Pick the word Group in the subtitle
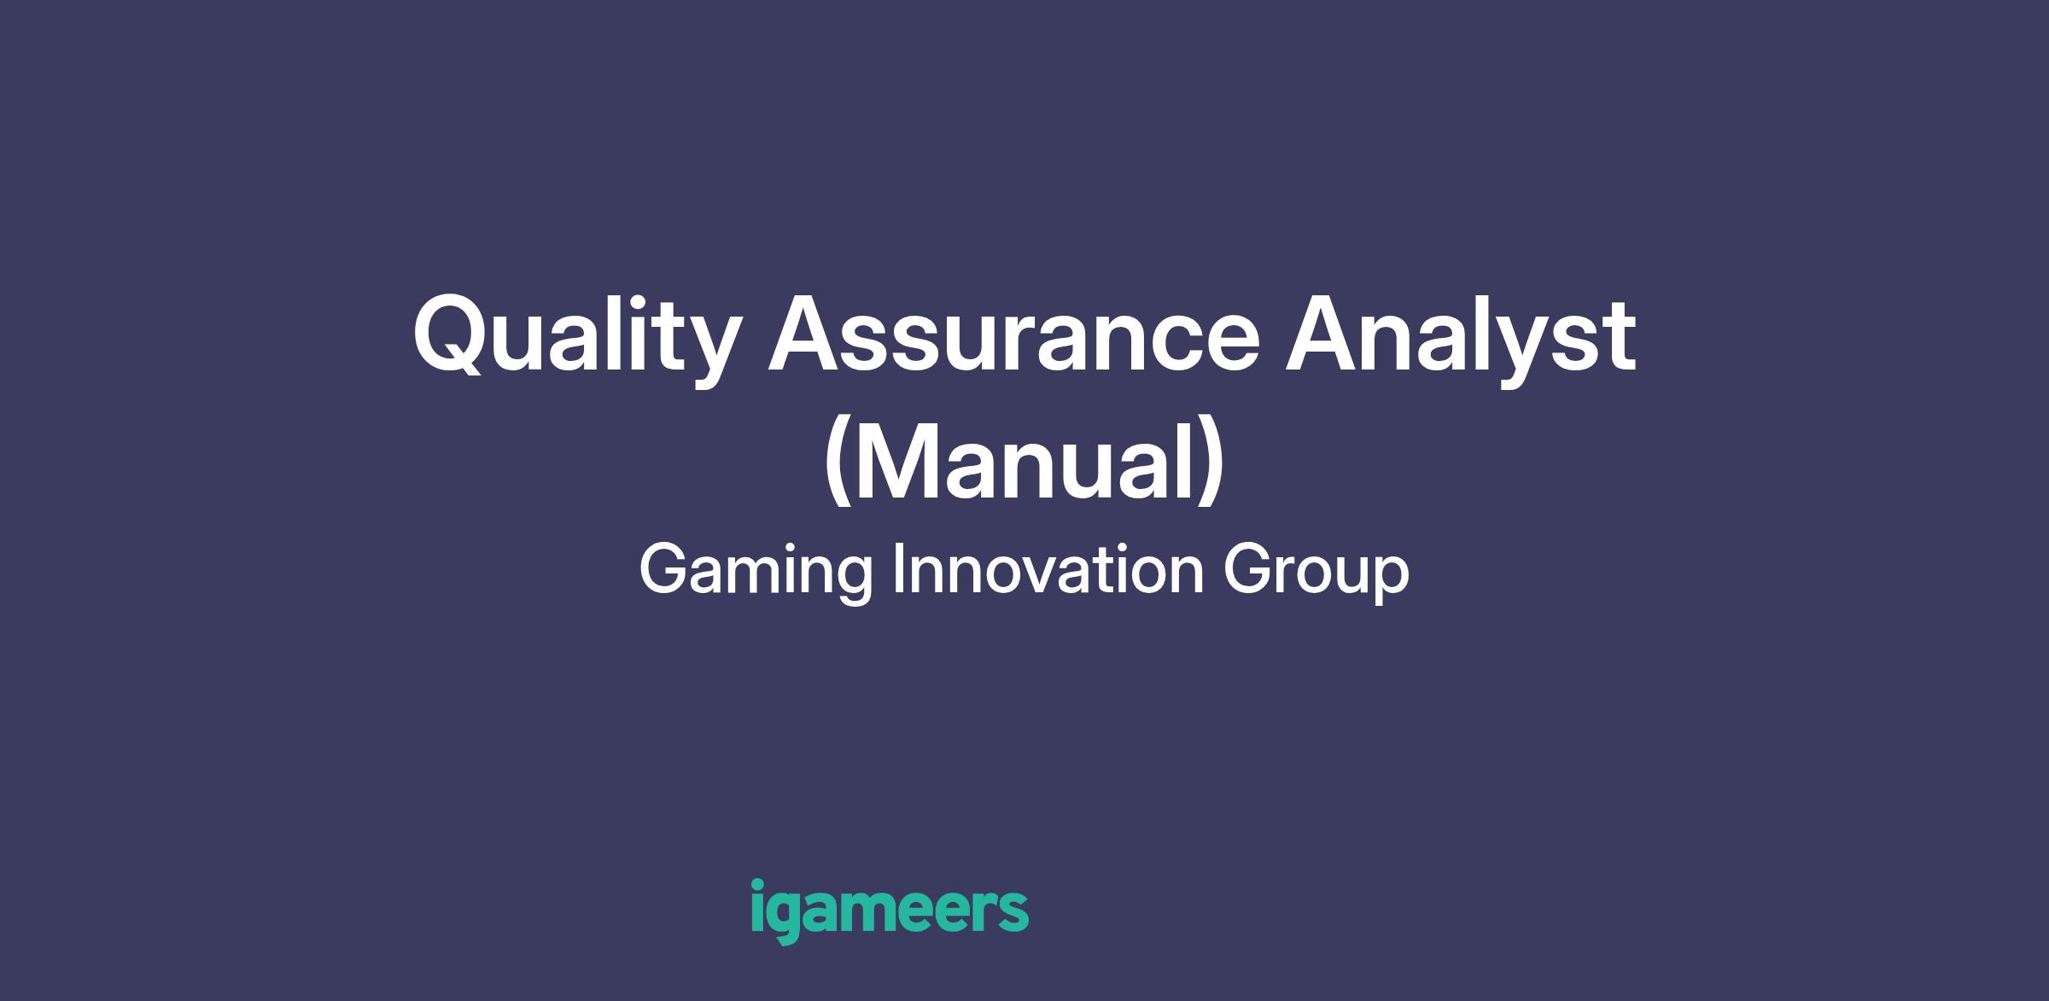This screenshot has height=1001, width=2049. click(1316, 571)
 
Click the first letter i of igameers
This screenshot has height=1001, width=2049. click(757, 905)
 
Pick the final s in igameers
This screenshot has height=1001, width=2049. click(1013, 912)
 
